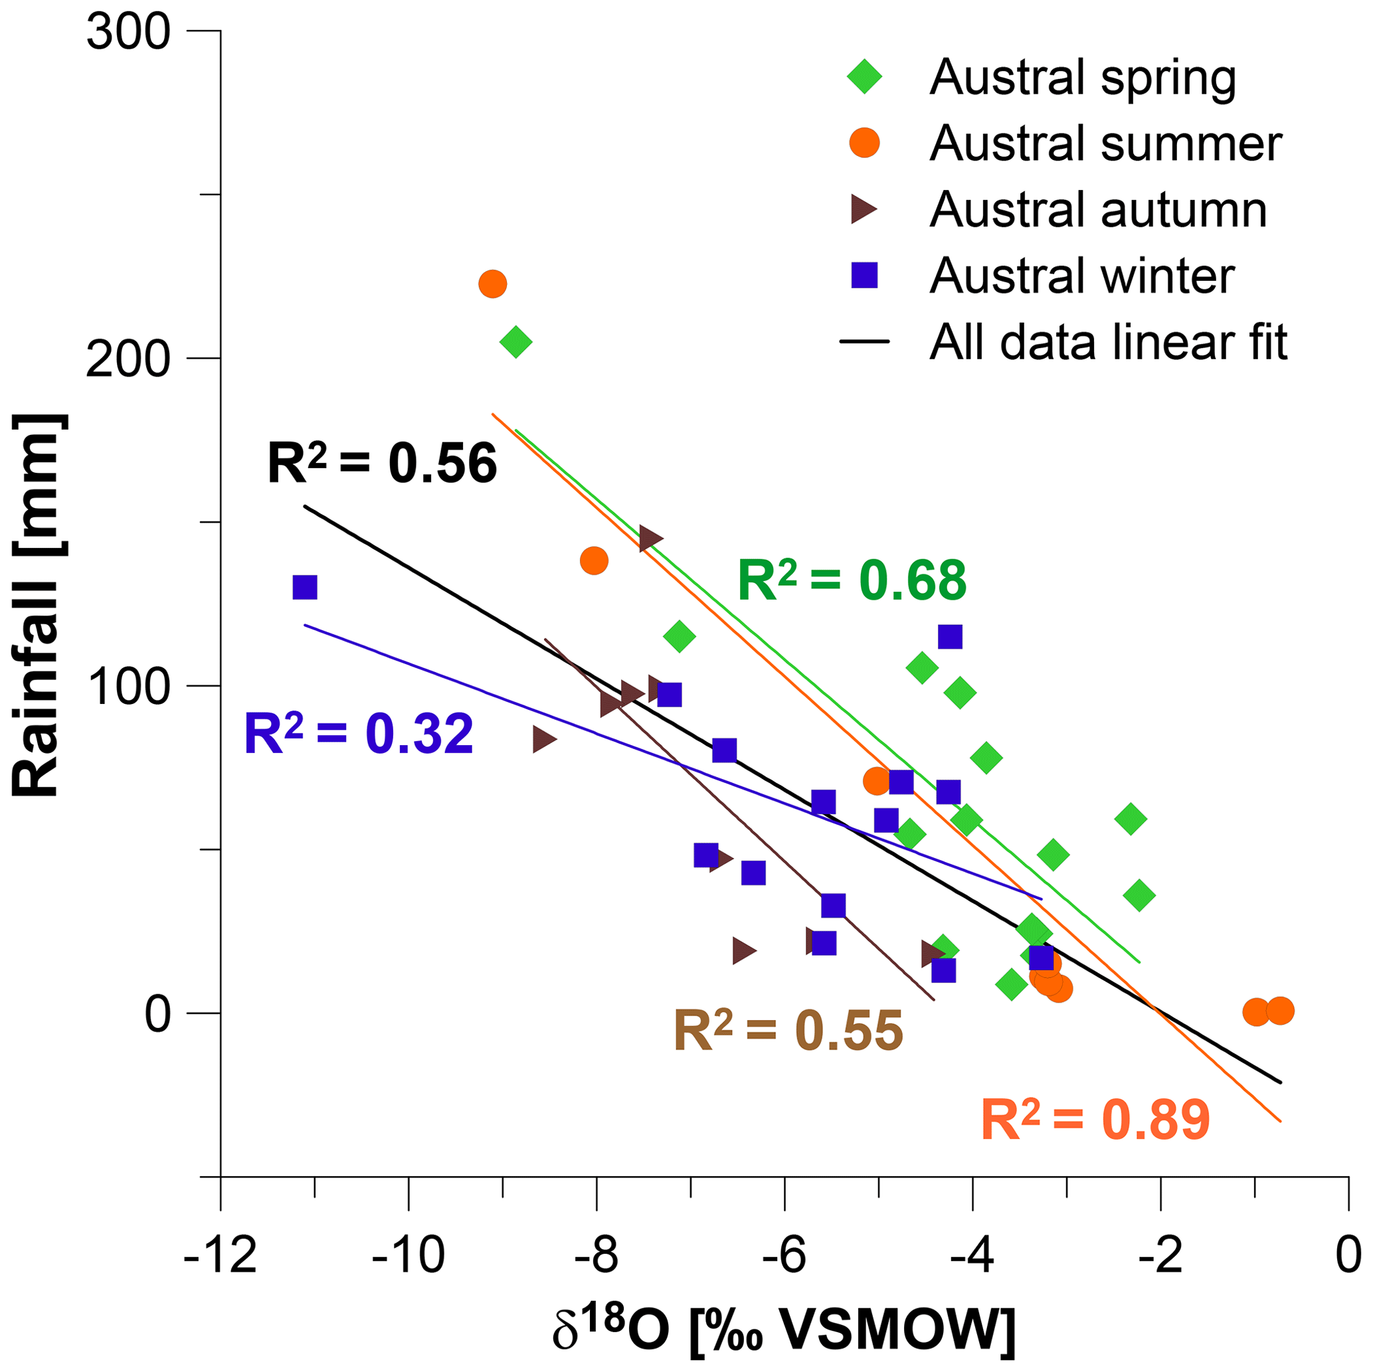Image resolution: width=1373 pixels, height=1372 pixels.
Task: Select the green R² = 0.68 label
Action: pos(852,580)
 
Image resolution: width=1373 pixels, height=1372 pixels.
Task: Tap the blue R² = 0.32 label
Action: pos(358,734)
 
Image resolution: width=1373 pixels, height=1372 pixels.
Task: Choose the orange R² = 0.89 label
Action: pos(1095,1120)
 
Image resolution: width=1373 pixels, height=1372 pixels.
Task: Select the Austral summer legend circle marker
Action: pos(864,143)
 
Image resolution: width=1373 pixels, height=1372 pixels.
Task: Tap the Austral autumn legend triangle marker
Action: pos(863,209)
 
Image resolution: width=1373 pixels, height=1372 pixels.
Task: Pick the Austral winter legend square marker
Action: pos(865,275)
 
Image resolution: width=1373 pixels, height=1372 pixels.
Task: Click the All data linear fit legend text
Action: pos(1108,343)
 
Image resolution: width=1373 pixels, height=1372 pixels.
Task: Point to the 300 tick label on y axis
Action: pos(129,32)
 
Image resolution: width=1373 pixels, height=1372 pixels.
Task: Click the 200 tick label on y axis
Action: pos(129,360)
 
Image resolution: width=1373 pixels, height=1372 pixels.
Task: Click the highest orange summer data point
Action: pos(492,284)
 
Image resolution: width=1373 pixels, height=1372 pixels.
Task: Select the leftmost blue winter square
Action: pos(305,588)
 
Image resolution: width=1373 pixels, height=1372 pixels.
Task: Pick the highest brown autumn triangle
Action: pos(650,539)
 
